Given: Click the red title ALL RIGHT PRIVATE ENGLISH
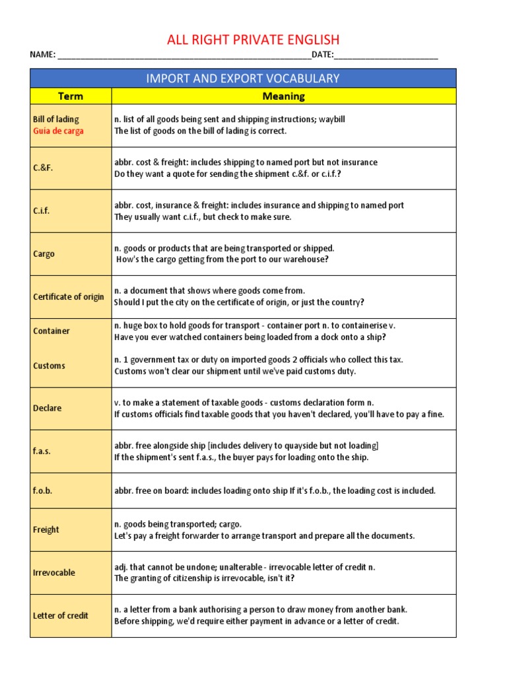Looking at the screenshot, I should coord(253,40).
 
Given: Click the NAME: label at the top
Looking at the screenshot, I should coord(43,55).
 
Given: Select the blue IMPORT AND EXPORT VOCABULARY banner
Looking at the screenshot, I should coord(243,79).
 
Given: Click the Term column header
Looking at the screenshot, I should coord(71,96).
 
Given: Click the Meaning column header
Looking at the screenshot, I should coord(283,96).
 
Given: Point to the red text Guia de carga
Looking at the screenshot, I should coord(58,131).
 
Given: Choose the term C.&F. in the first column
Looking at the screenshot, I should coord(43,168).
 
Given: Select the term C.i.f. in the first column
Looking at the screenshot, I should coord(42,211).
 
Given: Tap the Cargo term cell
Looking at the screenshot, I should coord(44,254).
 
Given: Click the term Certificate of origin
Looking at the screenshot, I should coord(69,297).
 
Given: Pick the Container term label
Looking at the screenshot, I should coord(51,331).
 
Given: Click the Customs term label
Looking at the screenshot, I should coord(50,366).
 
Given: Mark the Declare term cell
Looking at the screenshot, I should coord(47,409).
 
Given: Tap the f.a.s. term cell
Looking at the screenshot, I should coord(42,452).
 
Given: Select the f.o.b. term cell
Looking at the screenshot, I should coord(42,490).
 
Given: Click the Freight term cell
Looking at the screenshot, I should coord(46,529).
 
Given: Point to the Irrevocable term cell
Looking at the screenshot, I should coord(54,572).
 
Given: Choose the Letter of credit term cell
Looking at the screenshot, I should coord(61,615).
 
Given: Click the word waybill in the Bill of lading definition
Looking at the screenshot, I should coord(331,119).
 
